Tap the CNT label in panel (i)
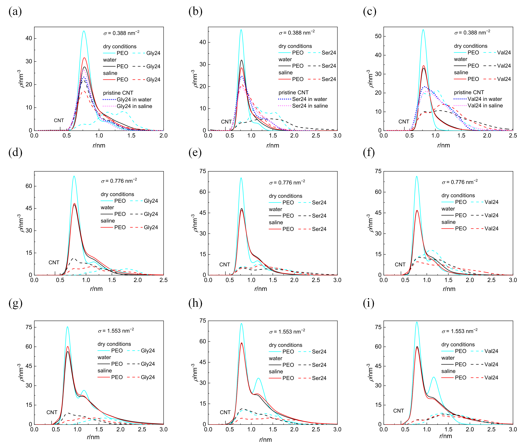pyautogui.click(x=398, y=411)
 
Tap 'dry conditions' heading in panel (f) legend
pyautogui.click(x=458, y=195)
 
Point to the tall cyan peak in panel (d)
pyautogui.click(x=74, y=176)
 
